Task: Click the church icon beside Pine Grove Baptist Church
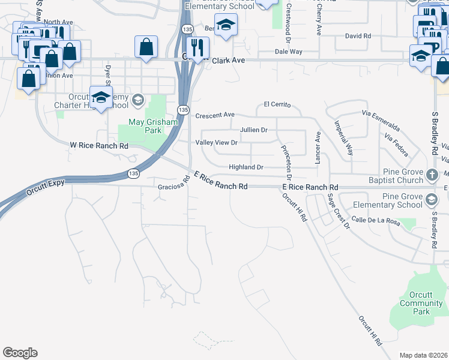(x=432, y=175)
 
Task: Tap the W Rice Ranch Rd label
(x=99, y=146)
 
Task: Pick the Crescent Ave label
(x=215, y=115)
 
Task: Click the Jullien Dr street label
(x=253, y=130)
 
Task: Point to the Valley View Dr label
(x=217, y=143)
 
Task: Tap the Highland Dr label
(x=246, y=167)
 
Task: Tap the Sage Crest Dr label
(x=339, y=211)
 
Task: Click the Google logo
(x=20, y=353)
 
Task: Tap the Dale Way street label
(x=288, y=52)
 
